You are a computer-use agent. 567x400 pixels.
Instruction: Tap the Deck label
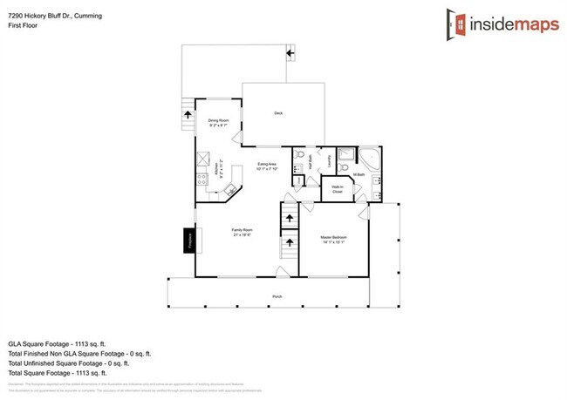(278, 113)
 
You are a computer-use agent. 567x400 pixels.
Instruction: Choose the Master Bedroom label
(333, 240)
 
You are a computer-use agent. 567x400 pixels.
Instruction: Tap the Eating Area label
(267, 166)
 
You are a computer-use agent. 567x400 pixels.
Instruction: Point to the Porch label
(277, 296)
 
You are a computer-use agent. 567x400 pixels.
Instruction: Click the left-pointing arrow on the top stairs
(290, 55)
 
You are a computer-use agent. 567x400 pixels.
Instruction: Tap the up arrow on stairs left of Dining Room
(186, 113)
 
